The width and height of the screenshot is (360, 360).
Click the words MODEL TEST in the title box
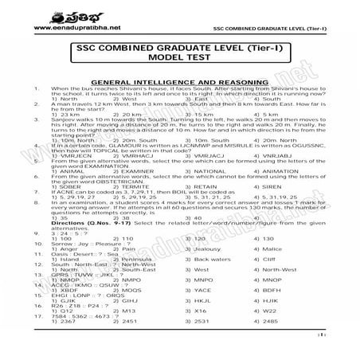pyautogui.click(x=179, y=65)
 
